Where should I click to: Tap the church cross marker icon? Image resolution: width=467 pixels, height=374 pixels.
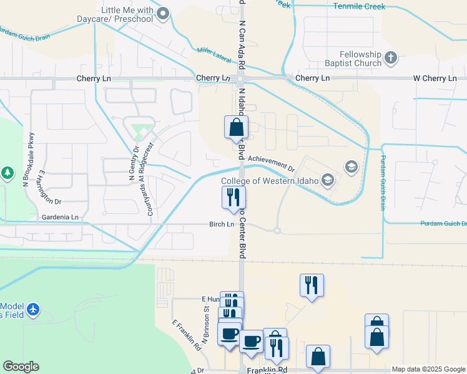pyautogui.click(x=391, y=59)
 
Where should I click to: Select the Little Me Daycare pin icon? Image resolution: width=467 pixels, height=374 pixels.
pyautogui.click(x=164, y=14)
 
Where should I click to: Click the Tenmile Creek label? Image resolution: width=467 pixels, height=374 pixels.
pyautogui.click(x=359, y=6)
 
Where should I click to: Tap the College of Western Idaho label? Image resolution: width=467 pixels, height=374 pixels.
pyautogui.click(x=270, y=181)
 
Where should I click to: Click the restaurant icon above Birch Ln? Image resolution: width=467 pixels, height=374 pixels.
pyautogui.click(x=234, y=198)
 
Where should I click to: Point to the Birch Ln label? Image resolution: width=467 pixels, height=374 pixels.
pyautogui.click(x=222, y=224)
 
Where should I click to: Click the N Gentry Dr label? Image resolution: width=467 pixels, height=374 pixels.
pyautogui.click(x=132, y=163)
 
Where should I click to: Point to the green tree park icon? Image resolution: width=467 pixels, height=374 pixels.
pyautogui.click(x=7, y=172)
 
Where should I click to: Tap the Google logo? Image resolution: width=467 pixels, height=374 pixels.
pyautogui.click(x=21, y=367)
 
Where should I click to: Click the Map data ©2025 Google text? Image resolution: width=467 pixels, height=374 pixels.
pyautogui.click(x=428, y=370)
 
